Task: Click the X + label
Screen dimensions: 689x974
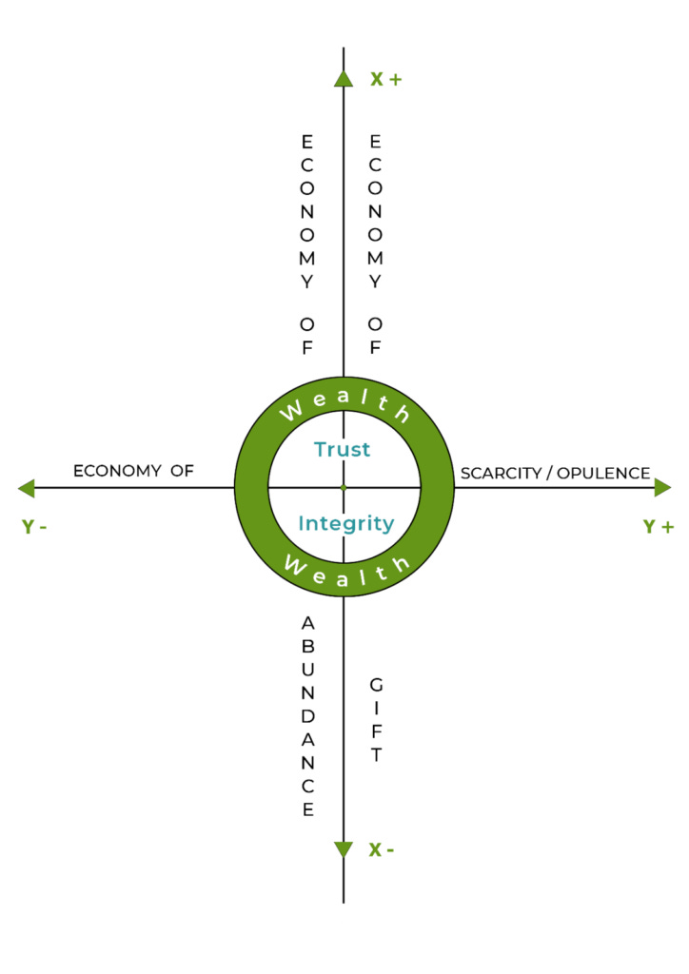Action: [385, 79]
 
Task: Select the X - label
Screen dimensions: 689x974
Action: [382, 849]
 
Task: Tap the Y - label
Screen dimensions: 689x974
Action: [35, 526]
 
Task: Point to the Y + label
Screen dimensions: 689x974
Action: [657, 526]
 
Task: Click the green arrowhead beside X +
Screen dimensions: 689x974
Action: [344, 78]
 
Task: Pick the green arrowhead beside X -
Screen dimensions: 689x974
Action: [344, 849]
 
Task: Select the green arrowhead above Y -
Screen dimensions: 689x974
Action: [27, 488]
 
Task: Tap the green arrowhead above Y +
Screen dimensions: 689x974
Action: [662, 488]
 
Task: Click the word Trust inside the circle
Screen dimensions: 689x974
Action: [343, 449]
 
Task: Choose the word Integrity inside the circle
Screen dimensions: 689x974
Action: [345, 523]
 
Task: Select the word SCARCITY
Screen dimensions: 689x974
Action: [502, 473]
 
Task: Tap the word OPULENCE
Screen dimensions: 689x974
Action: [604, 473]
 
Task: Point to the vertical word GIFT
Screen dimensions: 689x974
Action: [376, 720]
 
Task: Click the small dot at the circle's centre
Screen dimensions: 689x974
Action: [344, 488]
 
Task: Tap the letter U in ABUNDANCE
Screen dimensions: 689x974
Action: [307, 670]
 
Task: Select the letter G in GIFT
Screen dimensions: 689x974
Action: [376, 684]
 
